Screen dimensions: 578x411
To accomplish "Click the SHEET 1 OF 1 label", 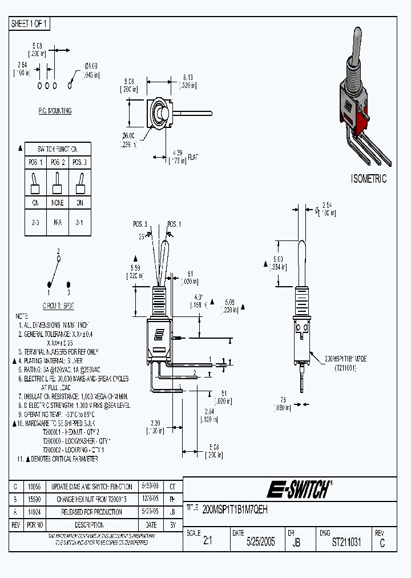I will click(x=30, y=24).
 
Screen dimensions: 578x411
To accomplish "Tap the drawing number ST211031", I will click(x=346, y=542).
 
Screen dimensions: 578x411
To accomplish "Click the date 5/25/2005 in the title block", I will click(x=260, y=542).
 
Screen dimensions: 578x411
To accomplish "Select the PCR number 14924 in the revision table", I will click(x=34, y=512).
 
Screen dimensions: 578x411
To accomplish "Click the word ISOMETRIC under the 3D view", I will click(x=368, y=179).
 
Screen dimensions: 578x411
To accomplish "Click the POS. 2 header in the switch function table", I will click(x=58, y=162).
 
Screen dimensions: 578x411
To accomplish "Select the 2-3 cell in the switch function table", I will click(x=35, y=223).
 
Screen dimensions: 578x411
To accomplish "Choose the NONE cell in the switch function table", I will click(x=58, y=202).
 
